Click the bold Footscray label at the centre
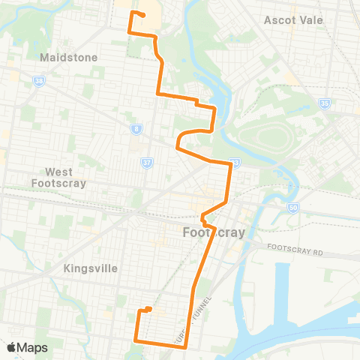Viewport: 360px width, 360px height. point(214,232)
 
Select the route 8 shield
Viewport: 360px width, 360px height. point(136,129)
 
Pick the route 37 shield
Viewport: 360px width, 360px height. point(146,163)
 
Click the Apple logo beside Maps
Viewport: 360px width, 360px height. point(12,347)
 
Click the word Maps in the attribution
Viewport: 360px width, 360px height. point(33,347)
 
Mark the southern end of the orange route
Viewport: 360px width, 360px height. point(149,309)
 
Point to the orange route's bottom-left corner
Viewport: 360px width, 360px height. point(136,340)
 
